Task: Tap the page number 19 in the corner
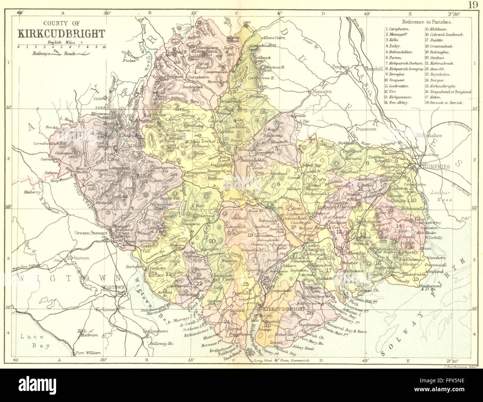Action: (x=473, y=5)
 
